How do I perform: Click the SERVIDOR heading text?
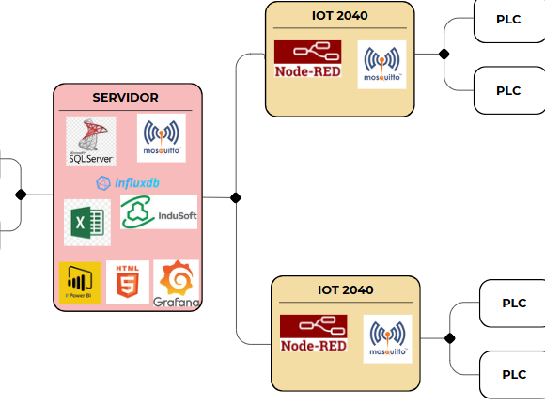[x=126, y=98]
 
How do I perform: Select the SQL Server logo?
[x=91, y=141]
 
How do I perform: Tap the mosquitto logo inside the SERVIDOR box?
[x=162, y=138]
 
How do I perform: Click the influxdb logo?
[x=128, y=183]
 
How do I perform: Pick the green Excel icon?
[x=87, y=223]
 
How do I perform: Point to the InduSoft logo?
[x=159, y=212]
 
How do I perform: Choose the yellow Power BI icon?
[x=80, y=283]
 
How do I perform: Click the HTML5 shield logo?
[x=128, y=282]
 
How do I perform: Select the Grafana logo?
[x=177, y=284]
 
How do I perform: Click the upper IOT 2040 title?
[x=340, y=16]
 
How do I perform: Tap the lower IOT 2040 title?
[x=346, y=290]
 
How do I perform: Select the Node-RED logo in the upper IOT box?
[x=307, y=59]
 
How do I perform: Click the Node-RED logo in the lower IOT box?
[x=314, y=333]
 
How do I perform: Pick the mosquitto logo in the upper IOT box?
[x=382, y=65]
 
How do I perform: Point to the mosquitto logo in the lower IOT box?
[x=387, y=339]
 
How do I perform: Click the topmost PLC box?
[x=509, y=21]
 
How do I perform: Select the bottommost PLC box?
[x=512, y=375]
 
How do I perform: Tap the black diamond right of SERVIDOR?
[x=236, y=197]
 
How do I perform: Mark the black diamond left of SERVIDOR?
[x=21, y=195]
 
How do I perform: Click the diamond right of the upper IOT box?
[x=444, y=55]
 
